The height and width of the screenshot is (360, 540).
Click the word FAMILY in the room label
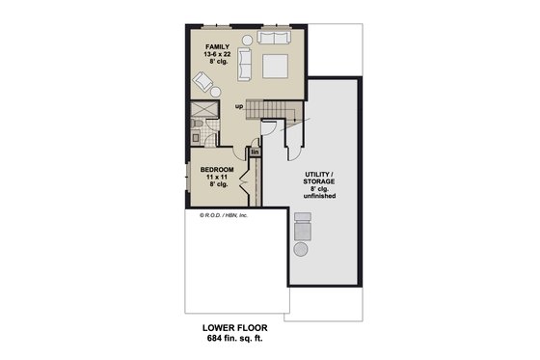(217, 46)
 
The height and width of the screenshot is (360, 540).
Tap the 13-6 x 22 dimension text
(217, 55)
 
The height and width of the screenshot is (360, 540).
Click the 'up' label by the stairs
(238, 107)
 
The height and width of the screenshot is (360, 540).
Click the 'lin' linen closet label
(256, 152)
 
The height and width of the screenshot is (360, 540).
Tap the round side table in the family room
(245, 40)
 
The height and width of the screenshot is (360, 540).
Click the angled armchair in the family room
(204, 81)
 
